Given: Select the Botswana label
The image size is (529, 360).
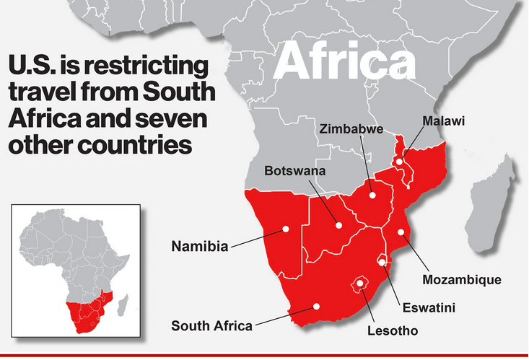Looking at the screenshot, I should click(295, 172).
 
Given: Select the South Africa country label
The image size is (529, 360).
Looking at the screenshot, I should click(211, 325).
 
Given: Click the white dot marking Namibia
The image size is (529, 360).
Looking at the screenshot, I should click(286, 229).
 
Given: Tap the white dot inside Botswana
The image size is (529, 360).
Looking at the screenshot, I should click(338, 225).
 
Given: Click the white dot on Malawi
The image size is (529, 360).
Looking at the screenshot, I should click(399, 162).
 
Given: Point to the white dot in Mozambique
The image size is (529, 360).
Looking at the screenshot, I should click(401, 232).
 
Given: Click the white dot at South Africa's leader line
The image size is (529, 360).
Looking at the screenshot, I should click(315, 306).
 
